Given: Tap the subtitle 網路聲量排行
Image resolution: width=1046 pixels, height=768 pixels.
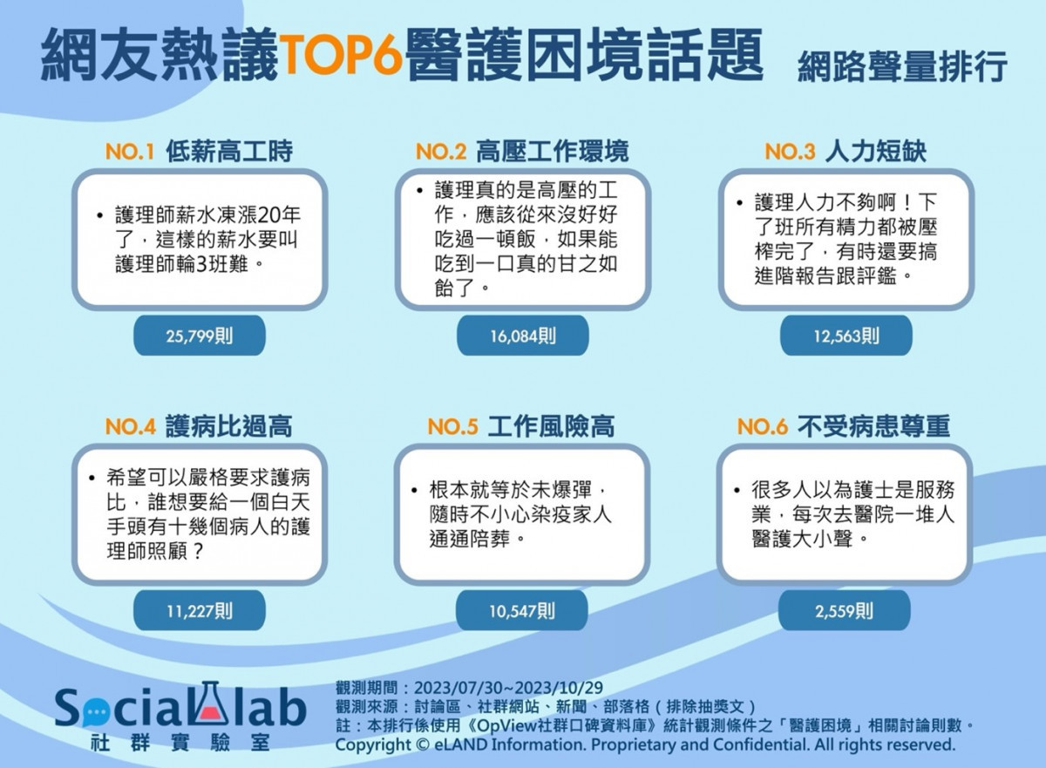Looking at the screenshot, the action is [x=901, y=67].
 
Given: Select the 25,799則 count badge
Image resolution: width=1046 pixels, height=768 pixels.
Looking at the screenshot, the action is [x=200, y=336].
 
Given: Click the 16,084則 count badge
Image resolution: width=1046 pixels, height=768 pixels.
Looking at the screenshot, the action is [x=522, y=336].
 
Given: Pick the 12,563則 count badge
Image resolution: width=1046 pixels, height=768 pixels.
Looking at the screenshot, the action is [x=846, y=336].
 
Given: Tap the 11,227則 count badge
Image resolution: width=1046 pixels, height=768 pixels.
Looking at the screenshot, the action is [x=200, y=610].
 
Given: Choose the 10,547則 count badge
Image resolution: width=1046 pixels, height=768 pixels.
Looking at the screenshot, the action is [x=521, y=610].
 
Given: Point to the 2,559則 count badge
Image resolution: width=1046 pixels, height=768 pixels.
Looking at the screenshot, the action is [x=845, y=610].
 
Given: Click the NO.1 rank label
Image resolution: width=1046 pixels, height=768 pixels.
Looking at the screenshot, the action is [x=129, y=152].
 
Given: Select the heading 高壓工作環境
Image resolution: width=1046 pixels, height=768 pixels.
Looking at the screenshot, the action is [x=553, y=151].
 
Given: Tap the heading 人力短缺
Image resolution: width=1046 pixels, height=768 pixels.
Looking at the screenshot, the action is [x=876, y=151].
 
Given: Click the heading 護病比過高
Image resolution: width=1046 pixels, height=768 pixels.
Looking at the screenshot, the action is [x=228, y=425].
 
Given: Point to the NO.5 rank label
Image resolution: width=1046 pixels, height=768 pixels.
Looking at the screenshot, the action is [x=452, y=427].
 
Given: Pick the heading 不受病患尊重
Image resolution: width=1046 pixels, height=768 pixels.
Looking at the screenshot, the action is [x=873, y=425].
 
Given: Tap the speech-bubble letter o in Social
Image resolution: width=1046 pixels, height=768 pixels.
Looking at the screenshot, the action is [x=96, y=713].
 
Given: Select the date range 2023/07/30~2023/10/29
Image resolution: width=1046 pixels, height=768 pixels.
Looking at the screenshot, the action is [x=508, y=687].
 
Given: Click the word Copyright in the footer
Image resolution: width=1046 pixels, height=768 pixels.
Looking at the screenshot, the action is [x=373, y=744].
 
